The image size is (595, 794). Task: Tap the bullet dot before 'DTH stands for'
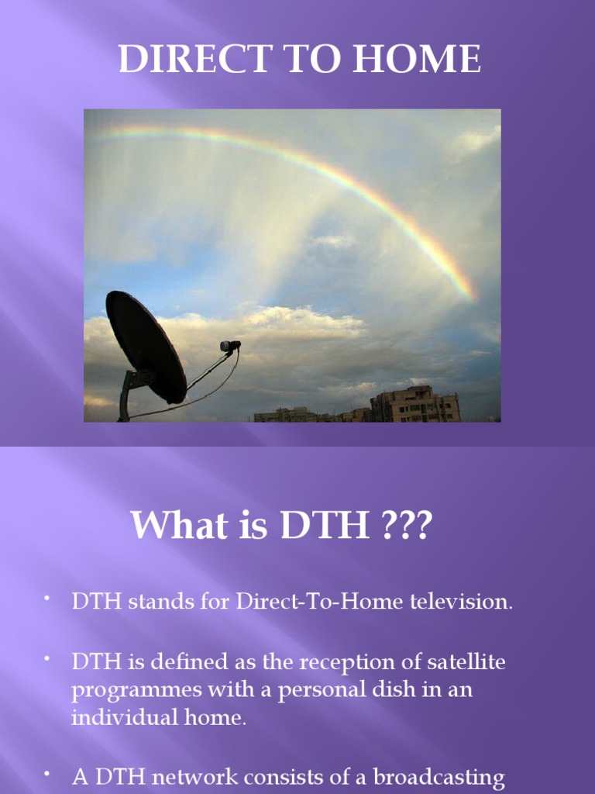[46, 598]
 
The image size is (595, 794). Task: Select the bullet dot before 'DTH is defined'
[46, 658]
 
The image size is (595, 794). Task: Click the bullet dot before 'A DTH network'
[46, 772]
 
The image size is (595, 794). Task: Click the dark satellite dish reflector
[145, 346]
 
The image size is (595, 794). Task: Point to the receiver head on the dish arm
[229, 346]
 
